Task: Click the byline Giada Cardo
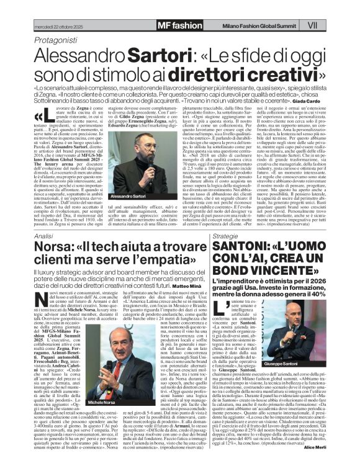tap(308, 101)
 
